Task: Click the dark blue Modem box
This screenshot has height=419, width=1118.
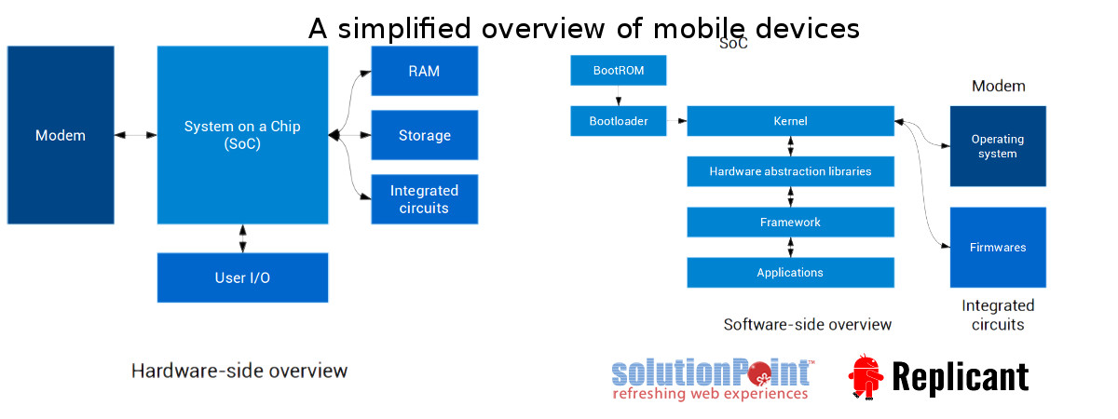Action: coord(61,135)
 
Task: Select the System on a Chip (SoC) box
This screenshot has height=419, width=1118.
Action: coord(242,135)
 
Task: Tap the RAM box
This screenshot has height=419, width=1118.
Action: coord(424,71)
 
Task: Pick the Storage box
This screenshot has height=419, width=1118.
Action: coord(424,135)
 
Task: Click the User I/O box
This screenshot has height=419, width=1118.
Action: coord(242,277)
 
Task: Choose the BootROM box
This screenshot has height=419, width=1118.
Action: coord(619,71)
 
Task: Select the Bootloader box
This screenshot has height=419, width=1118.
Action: coord(619,121)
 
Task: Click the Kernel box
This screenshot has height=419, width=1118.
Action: coord(791,121)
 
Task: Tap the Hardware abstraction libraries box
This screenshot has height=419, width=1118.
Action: coord(791,171)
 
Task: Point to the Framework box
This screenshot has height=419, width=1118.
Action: coord(791,222)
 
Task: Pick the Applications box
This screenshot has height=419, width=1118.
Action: coord(791,272)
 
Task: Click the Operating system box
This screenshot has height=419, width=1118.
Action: coord(998,146)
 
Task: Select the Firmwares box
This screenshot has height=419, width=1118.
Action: coord(998,248)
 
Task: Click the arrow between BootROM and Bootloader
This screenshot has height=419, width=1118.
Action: coord(619,95)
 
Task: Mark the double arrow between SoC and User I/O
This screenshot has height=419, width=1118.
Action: coord(242,238)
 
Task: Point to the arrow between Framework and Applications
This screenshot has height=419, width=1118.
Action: coord(791,248)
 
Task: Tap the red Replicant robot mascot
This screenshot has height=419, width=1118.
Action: coord(866,377)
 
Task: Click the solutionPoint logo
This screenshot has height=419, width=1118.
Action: coord(713,379)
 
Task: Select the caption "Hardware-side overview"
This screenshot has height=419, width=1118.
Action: coord(239,372)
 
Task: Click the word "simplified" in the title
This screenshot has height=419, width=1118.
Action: coord(404,29)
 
